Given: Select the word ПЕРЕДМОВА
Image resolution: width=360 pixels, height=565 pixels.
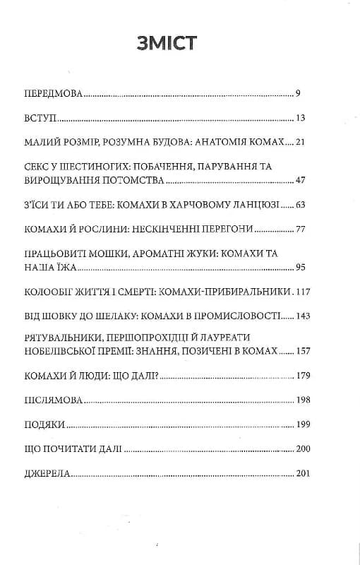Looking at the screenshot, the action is (x=53, y=93).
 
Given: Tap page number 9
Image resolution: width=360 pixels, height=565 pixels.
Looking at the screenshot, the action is (x=299, y=93).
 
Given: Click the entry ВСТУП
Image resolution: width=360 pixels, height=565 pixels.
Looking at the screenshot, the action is (x=40, y=117).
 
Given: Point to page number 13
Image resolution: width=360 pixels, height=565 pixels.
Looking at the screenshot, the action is (x=299, y=117).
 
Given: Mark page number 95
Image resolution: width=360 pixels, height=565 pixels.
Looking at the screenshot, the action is (x=297, y=268).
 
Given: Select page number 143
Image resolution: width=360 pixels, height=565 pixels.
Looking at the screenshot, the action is (x=295, y=316).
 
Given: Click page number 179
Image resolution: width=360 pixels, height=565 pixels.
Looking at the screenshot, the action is (x=295, y=375).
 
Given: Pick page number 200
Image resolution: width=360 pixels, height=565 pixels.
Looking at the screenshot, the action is (x=295, y=449).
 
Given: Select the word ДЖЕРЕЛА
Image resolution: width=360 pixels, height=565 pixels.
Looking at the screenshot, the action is (x=47, y=474).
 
